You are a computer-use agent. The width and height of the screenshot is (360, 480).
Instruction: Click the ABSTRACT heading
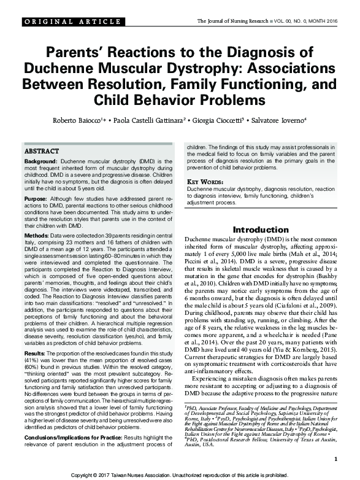(42, 151)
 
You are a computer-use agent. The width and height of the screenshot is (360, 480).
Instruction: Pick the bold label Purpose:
(36, 199)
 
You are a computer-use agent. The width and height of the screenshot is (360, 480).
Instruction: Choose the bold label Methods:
(36, 236)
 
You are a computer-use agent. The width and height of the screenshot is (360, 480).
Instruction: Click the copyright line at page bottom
(180, 475)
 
